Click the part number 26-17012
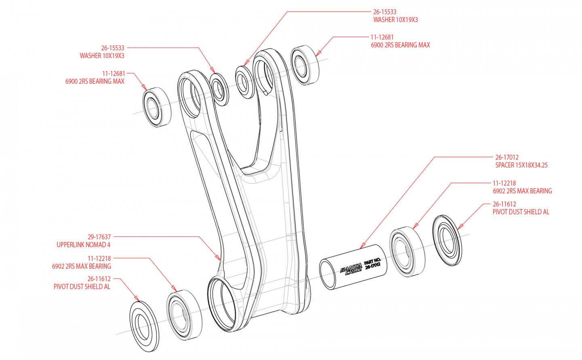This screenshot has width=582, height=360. click(507, 157)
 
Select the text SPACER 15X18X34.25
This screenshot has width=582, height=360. click(521, 165)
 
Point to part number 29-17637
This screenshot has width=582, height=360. click(99, 237)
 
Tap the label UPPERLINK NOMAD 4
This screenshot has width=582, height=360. click(84, 245)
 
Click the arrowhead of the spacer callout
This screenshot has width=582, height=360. click(361, 246)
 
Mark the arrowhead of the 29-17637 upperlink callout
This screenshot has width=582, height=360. click(220, 258)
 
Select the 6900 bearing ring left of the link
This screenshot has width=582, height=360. click(153, 108)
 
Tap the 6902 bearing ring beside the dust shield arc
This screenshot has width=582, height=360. click(403, 253)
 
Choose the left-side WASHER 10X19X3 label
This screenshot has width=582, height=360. click(102, 56)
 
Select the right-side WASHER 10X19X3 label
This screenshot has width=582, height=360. click(395, 19)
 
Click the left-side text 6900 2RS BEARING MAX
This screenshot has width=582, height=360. click(95, 81)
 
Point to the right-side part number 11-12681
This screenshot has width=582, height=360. click(382, 37)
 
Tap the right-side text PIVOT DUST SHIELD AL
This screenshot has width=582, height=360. click(521, 212)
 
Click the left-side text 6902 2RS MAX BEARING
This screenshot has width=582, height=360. click(82, 266)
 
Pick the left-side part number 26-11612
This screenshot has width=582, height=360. click(99, 279)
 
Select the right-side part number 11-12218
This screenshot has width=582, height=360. click(504, 183)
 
